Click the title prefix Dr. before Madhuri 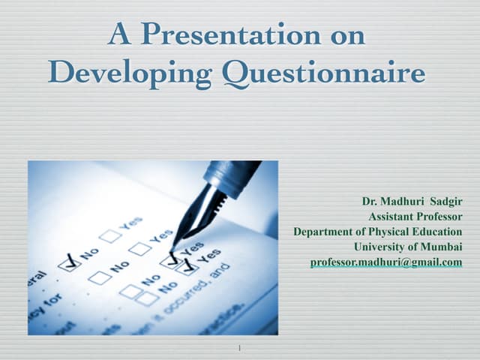click(369, 202)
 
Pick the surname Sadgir click(448, 202)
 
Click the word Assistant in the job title click(391, 217)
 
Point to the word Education click(437, 232)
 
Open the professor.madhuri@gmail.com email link click(385, 262)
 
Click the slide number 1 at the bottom click(238, 348)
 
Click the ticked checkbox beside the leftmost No click(70, 261)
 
